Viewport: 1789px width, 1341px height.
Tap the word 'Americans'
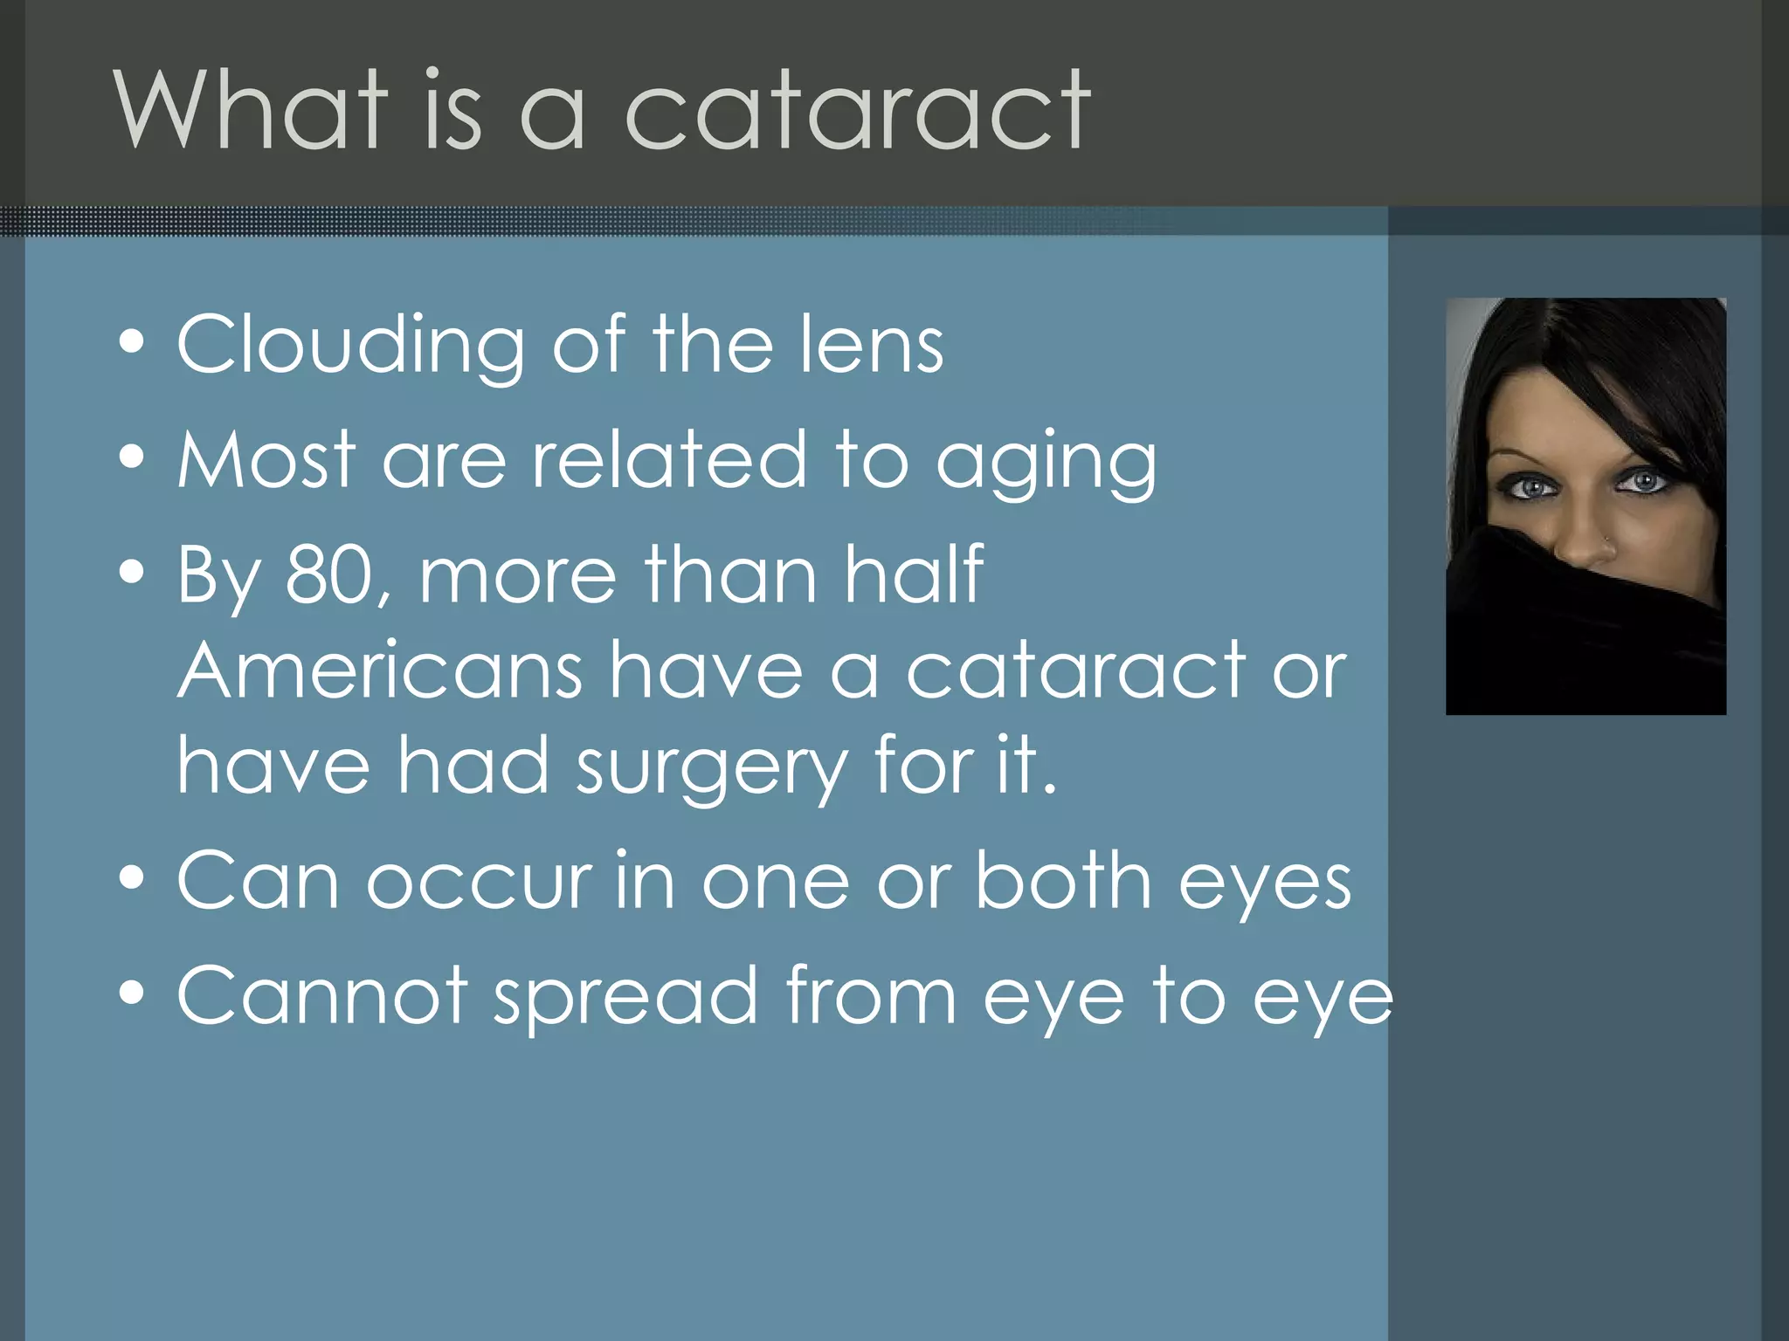(x=380, y=670)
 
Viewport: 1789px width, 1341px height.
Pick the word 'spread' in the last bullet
(x=625, y=997)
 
